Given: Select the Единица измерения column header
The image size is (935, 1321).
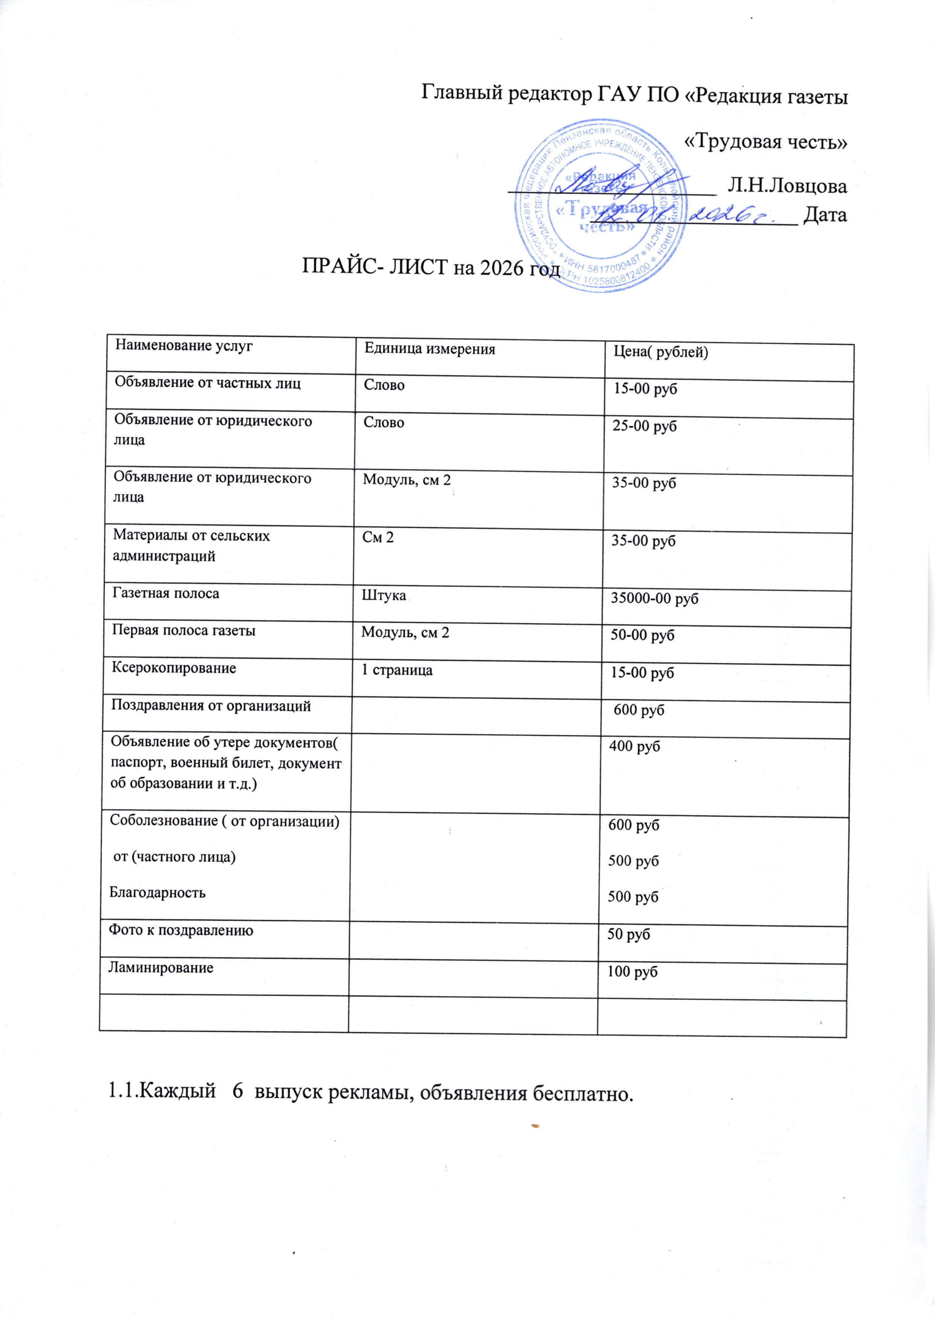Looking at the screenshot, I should click(x=430, y=349).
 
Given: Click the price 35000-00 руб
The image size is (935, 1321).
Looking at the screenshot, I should click(x=654, y=599).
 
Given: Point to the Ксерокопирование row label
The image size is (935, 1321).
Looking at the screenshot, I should click(x=173, y=668).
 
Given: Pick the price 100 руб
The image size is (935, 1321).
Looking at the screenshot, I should click(x=633, y=972).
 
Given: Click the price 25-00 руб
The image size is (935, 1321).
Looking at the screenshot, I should click(x=644, y=427).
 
